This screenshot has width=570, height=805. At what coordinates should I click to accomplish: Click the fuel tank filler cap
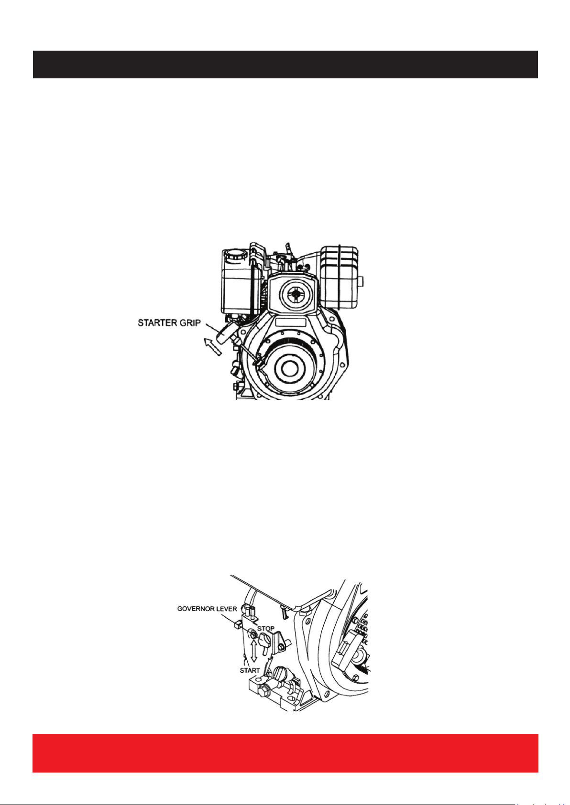(235, 255)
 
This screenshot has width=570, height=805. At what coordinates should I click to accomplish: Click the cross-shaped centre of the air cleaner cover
(296, 294)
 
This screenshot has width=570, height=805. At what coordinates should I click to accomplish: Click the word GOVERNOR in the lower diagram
(195, 609)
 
